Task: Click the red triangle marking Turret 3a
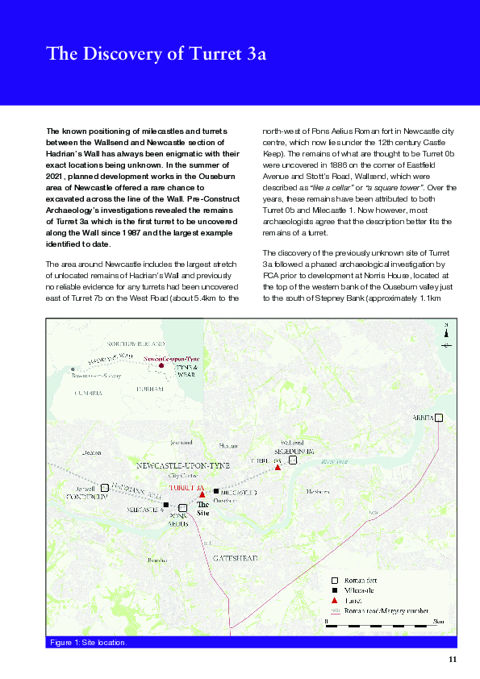(202, 494)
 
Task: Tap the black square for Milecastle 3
(216, 490)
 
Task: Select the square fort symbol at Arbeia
(439, 418)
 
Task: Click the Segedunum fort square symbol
(294, 460)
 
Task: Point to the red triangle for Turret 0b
(278, 468)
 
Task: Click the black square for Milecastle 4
(166, 505)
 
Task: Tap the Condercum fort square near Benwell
(105, 488)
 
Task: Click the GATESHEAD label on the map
(236, 558)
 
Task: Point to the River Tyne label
(333, 462)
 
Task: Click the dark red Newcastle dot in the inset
(161, 365)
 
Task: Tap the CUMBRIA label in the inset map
(87, 393)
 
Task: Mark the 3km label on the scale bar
(438, 622)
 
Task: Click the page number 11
(453, 660)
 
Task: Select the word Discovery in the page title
(127, 54)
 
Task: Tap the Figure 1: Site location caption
(88, 643)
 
